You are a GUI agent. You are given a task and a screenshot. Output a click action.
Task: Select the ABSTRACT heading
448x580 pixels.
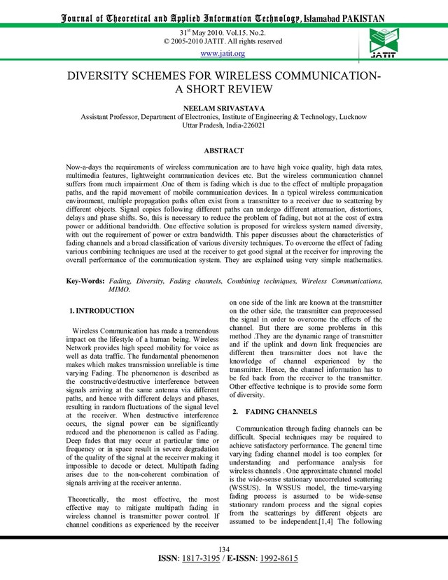click(223, 150)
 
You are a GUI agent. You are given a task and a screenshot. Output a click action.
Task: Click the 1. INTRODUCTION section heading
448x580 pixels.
click(103, 310)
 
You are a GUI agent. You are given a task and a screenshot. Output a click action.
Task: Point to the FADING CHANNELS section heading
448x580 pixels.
click(283, 410)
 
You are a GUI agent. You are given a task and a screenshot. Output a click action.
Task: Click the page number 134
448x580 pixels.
click(224, 548)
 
